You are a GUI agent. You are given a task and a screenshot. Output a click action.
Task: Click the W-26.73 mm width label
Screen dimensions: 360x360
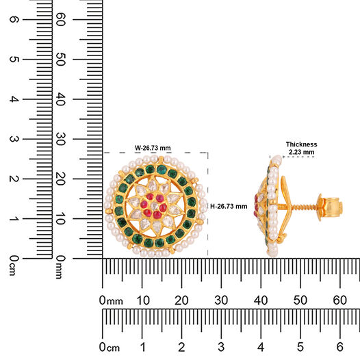point(153,148)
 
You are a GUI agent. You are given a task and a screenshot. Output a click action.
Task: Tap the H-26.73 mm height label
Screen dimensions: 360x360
point(229,206)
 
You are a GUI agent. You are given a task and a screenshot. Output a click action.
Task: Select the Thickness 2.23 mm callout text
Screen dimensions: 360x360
point(301,148)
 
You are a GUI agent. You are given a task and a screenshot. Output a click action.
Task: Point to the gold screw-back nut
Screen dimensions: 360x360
point(330,207)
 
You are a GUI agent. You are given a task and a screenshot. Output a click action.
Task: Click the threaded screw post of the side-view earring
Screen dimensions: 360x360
point(303,207)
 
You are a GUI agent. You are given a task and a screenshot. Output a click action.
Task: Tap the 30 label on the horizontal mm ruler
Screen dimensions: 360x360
point(221,300)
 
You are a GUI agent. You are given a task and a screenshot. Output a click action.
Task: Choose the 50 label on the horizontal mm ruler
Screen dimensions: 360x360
point(300,300)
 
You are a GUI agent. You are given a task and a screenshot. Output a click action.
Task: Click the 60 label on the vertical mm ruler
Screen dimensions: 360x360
point(60,19)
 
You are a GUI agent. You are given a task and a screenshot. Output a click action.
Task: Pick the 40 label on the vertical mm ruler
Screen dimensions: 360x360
point(60,99)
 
